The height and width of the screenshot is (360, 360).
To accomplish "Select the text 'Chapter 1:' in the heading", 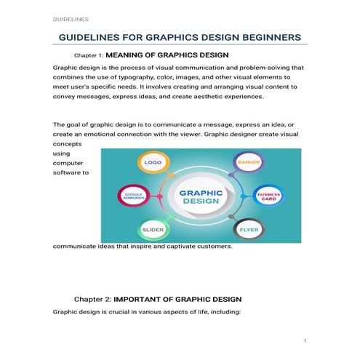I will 89,55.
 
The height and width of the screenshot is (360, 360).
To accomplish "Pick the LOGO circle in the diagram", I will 153,163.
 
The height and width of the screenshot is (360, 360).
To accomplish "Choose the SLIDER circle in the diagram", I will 153,230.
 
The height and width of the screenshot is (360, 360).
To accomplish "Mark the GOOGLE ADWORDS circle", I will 133,196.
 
